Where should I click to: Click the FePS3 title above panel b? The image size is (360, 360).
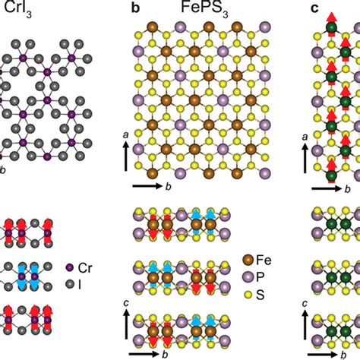[204, 9]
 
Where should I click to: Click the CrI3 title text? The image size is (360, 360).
[18, 9]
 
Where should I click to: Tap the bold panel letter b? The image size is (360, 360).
[136, 8]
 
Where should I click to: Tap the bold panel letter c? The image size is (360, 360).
[314, 8]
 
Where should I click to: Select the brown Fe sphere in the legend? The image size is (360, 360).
[248, 260]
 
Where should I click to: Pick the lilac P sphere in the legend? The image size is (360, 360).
[248, 277]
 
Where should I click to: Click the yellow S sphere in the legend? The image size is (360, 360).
[248, 295]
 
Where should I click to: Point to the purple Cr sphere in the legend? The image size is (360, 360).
[69, 267]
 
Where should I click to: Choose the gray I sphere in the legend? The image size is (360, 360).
[69, 284]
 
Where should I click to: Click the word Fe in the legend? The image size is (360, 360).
[264, 260]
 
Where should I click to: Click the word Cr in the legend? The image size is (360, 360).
[85, 268]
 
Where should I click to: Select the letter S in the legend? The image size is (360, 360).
[261, 295]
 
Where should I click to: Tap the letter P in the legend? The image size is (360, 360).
[260, 277]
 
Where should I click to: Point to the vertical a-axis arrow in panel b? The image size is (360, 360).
[126, 156]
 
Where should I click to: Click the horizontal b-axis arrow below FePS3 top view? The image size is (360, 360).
[147, 186]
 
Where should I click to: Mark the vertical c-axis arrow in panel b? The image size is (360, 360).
[127, 324]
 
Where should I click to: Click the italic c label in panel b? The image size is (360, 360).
[127, 303]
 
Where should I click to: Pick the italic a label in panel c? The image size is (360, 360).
[305, 137]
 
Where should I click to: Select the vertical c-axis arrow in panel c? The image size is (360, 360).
[305, 324]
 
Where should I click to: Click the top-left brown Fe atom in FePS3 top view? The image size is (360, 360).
[153, 27]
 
